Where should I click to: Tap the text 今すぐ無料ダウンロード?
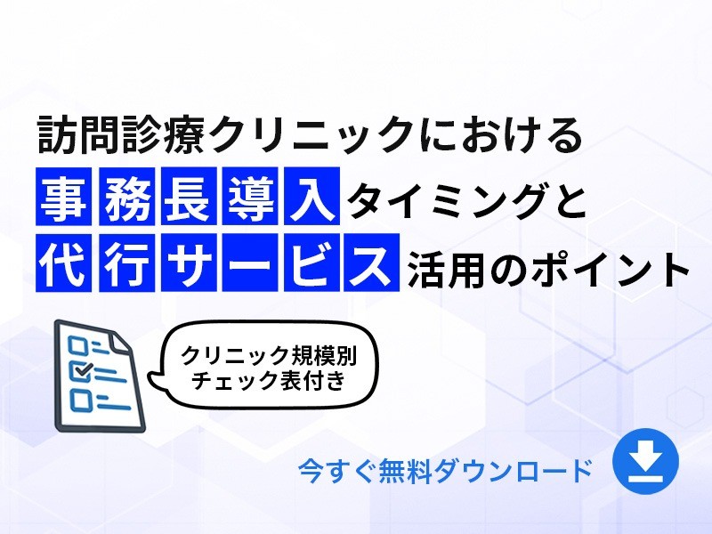pyautogui.click(x=445, y=470)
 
